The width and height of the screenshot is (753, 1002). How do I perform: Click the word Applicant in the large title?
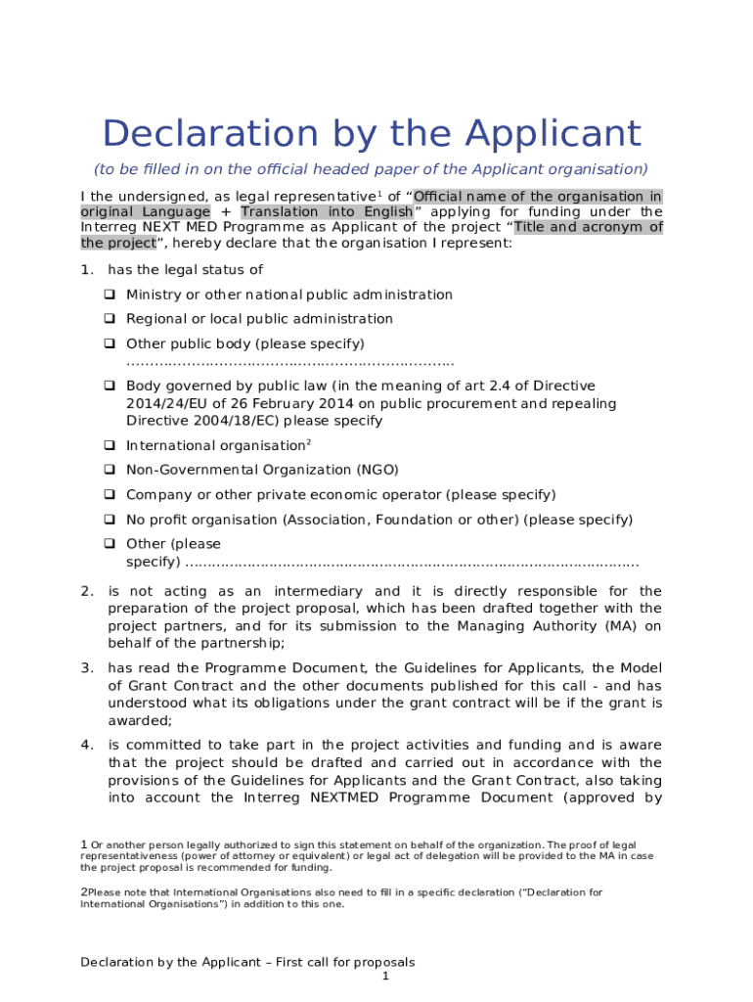[554, 134]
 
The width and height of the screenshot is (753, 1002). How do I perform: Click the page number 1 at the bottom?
[386, 977]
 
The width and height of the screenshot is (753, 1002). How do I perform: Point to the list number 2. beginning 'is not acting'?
[87, 591]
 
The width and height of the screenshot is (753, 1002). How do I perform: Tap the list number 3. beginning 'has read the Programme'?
[87, 667]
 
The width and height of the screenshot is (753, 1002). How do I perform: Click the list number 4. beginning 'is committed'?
[87, 745]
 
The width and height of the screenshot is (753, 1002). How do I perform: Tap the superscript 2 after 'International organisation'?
[310, 442]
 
